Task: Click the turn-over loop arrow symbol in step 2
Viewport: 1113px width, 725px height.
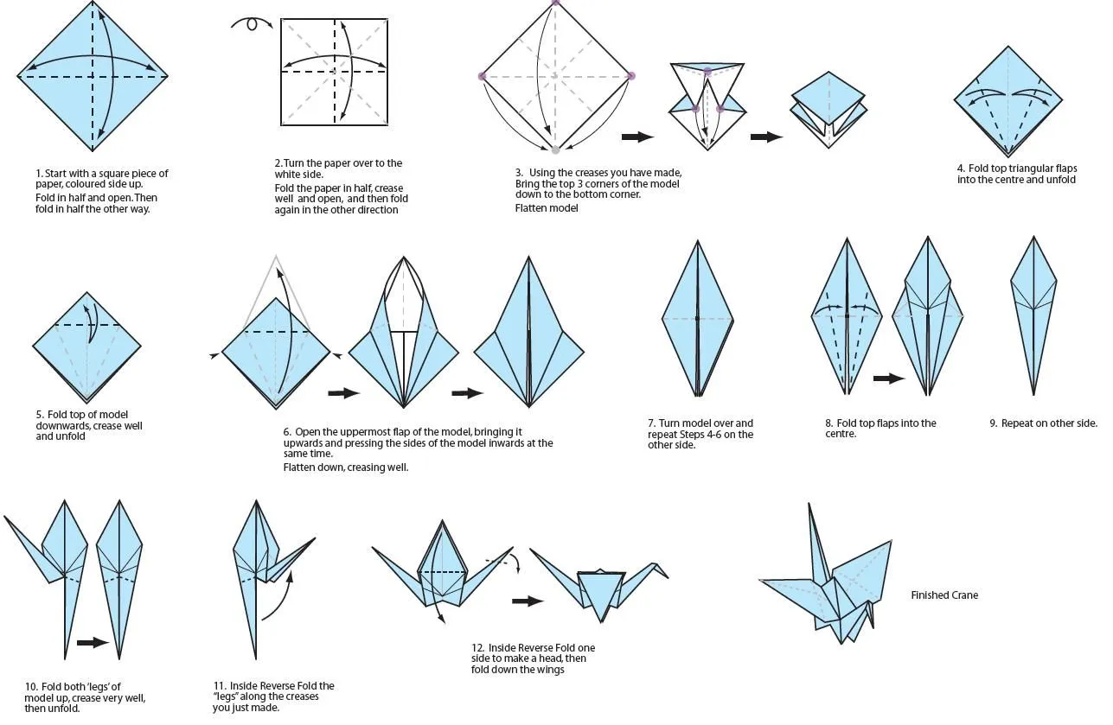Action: click(x=252, y=24)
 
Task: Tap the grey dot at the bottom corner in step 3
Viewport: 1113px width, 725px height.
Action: click(x=556, y=150)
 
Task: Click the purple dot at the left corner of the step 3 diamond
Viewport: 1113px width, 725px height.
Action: click(x=482, y=77)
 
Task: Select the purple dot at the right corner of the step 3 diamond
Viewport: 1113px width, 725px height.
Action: click(x=631, y=76)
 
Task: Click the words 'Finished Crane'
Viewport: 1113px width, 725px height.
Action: click(x=944, y=595)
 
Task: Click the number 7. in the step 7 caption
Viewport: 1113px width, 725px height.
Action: click(x=652, y=423)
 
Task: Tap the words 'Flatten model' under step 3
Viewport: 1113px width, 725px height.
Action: click(x=547, y=208)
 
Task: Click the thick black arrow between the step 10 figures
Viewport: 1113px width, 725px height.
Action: click(x=92, y=642)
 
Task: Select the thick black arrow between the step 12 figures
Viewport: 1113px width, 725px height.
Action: click(x=528, y=601)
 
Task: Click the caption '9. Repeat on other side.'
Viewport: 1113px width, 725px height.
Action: click(x=1043, y=423)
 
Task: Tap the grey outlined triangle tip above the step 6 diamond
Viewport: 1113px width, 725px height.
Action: click(x=276, y=257)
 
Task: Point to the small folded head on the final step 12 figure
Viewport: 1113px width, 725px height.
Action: click(x=662, y=569)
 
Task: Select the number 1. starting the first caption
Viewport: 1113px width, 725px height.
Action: click(x=39, y=174)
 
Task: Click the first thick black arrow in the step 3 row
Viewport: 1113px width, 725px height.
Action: click(x=637, y=137)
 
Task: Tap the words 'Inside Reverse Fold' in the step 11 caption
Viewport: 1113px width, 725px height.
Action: click(x=279, y=686)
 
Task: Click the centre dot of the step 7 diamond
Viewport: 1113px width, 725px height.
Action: click(x=697, y=319)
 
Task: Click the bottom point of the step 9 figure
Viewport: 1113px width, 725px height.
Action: click(x=1033, y=395)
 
